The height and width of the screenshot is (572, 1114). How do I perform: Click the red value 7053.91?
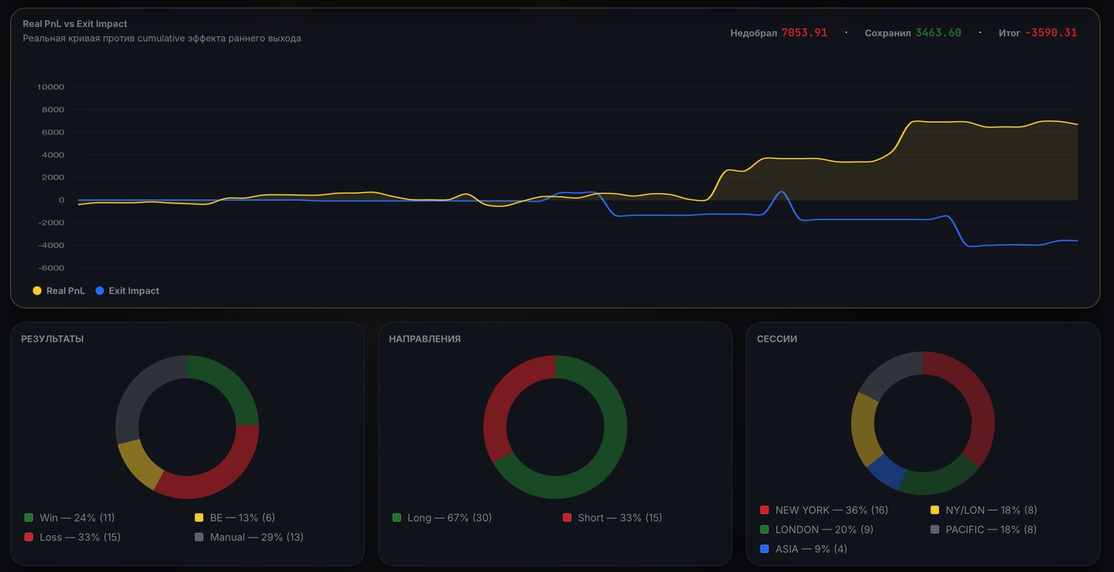(x=803, y=33)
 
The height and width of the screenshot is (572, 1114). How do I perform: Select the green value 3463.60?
(x=938, y=33)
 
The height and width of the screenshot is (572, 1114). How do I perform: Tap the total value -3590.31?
(x=1051, y=33)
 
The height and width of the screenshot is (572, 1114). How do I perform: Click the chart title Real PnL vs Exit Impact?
(x=74, y=24)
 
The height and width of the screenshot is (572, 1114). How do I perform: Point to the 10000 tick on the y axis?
(x=50, y=87)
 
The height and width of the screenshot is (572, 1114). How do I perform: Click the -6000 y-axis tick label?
(x=51, y=268)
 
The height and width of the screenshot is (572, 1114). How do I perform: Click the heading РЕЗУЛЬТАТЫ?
(x=52, y=339)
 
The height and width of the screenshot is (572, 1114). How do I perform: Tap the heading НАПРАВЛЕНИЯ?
(x=424, y=339)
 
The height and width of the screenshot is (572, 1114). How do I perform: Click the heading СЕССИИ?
(x=776, y=339)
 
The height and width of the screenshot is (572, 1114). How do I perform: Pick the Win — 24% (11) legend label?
(x=77, y=518)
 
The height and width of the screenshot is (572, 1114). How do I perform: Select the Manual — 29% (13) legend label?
(x=256, y=537)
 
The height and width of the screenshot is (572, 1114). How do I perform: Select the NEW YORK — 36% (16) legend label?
(x=831, y=510)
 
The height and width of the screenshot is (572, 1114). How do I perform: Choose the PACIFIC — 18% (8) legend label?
(x=990, y=530)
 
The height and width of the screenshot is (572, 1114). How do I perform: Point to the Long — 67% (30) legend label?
(x=449, y=518)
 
